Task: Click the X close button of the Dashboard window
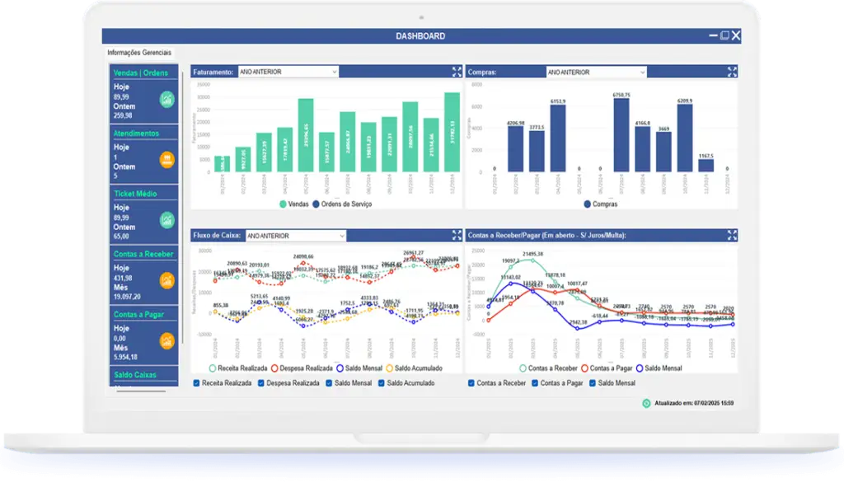click(x=736, y=36)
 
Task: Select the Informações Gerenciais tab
click(x=139, y=53)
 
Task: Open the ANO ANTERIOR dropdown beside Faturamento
click(x=288, y=72)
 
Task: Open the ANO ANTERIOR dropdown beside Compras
click(x=596, y=72)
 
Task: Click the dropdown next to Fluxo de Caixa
click(x=295, y=236)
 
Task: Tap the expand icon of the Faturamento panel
click(x=457, y=72)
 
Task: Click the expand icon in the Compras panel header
click(x=732, y=72)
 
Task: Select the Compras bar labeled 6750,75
click(x=621, y=135)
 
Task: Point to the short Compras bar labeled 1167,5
click(x=706, y=165)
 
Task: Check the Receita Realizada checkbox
click(x=196, y=383)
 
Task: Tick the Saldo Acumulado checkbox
click(x=382, y=383)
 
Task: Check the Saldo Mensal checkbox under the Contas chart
click(x=593, y=383)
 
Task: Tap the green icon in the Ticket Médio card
click(x=167, y=219)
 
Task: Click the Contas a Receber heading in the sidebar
click(x=143, y=254)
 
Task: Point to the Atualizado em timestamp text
click(x=693, y=404)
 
